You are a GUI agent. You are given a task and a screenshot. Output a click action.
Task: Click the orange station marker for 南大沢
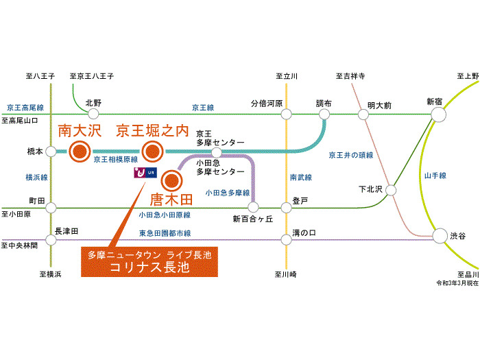click(x=81, y=152)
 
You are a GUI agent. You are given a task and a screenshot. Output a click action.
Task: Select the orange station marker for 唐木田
click(x=171, y=182)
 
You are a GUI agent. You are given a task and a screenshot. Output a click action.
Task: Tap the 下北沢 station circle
click(x=392, y=189)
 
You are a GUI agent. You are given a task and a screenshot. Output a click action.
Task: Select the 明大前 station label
click(x=379, y=105)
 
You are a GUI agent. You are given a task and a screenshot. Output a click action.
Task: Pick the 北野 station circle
click(x=93, y=114)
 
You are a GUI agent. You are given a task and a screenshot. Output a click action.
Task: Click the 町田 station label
click(x=36, y=201)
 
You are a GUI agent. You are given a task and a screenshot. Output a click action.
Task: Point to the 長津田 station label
click(x=66, y=231)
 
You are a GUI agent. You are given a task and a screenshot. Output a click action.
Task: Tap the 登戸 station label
click(x=300, y=202)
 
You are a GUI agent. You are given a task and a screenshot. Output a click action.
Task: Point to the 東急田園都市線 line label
click(x=163, y=233)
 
